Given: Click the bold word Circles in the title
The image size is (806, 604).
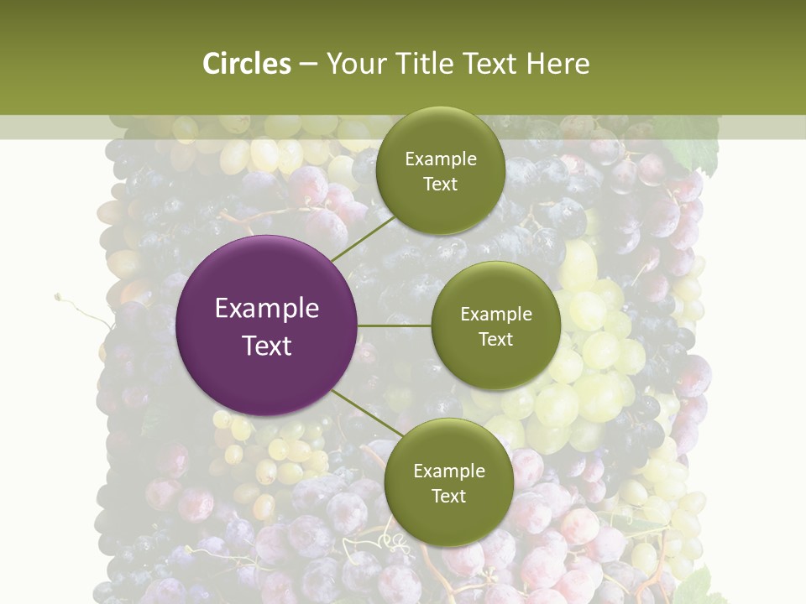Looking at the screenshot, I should pyautogui.click(x=247, y=64).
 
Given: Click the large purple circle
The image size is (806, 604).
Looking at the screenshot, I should pyautogui.click(x=267, y=325).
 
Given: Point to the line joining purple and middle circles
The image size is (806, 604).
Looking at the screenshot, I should pyautogui.click(x=395, y=325).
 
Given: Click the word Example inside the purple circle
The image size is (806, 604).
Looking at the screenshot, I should pyautogui.click(x=267, y=308).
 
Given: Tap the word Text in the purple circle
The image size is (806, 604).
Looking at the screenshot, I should pyautogui.click(x=267, y=345).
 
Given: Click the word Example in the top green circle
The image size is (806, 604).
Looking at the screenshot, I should pyautogui.click(x=440, y=159).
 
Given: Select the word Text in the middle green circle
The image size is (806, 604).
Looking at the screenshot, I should pyautogui.click(x=496, y=339).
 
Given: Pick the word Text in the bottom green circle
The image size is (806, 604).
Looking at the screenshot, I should pyautogui.click(x=448, y=496).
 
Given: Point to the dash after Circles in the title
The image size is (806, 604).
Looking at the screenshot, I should pyautogui.click(x=308, y=65).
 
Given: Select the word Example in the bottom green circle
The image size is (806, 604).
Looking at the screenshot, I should pyautogui.click(x=448, y=471).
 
